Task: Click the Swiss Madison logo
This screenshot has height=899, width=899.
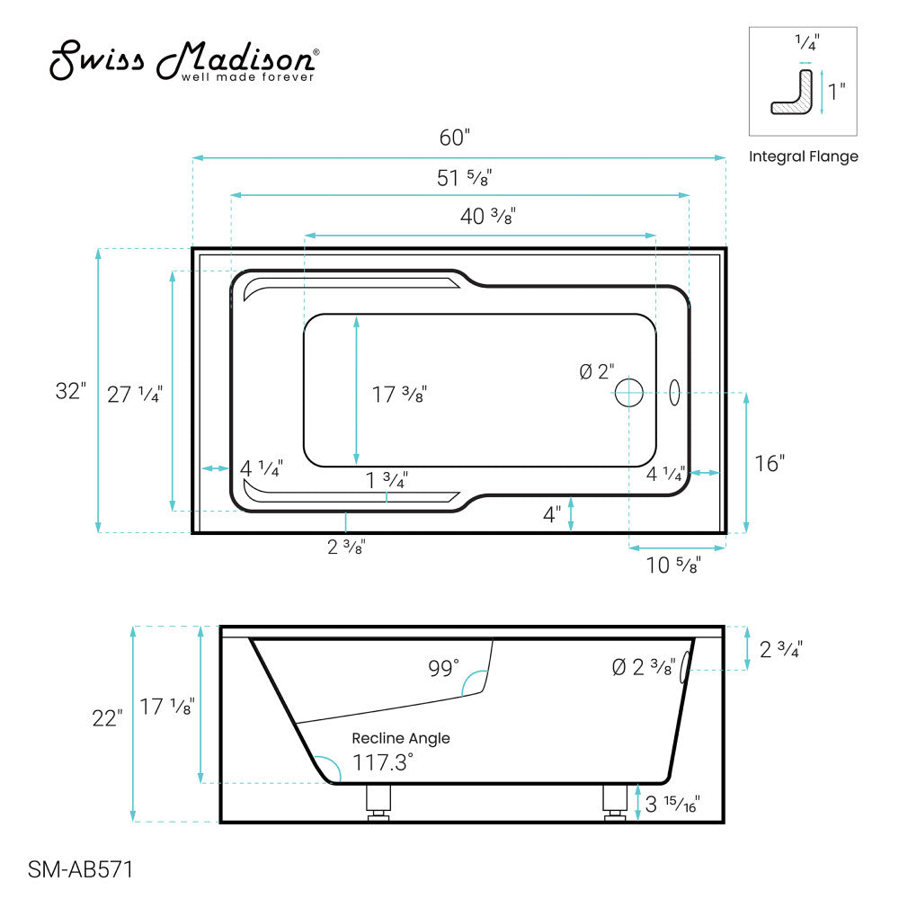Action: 182,60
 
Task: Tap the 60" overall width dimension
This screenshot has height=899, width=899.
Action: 455,138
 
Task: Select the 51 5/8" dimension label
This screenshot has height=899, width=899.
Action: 465,178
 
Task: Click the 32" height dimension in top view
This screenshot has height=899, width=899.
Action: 71,392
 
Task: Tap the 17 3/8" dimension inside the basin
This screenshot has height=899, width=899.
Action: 399,393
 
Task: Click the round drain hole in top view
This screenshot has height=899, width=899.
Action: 628,393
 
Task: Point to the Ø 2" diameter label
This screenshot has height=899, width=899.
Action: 597,370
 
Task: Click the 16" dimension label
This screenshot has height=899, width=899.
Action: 770,464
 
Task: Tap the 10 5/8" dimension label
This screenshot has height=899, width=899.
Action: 673,565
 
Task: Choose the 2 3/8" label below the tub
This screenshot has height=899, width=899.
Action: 346,546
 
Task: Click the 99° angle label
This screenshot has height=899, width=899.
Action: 443,667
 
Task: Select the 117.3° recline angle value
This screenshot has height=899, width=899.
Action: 383,762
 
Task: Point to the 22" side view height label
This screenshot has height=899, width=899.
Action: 107,718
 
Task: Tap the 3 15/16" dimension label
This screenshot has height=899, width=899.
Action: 672,803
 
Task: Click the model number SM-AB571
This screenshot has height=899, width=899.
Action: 81,869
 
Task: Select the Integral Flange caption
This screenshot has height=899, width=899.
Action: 803,156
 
